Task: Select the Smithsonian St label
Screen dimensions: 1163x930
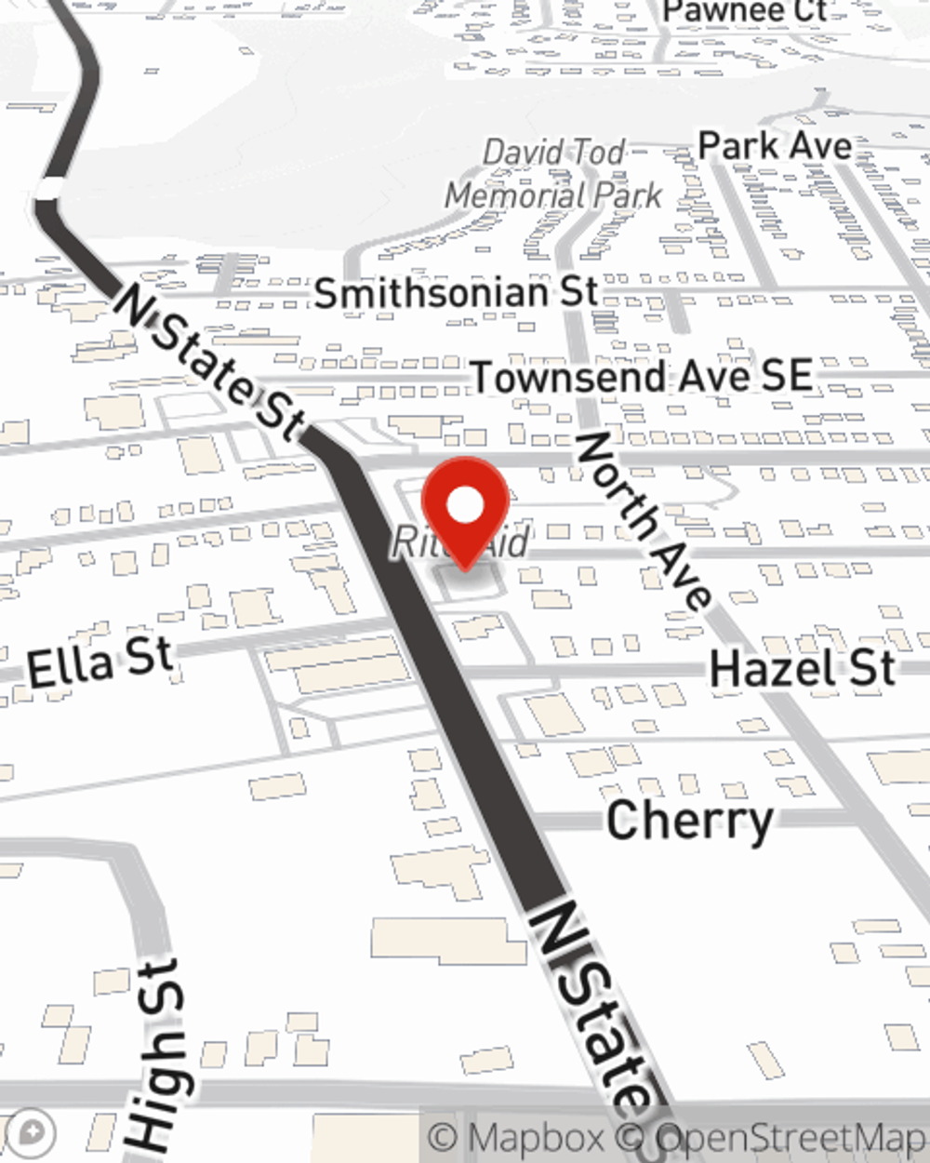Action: pos(456,293)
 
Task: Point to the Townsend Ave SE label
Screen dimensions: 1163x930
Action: pos(642,377)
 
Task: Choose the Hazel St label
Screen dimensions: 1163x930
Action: pos(802,669)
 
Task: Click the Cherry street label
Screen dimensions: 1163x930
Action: pos(689,821)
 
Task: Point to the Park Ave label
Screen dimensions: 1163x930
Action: pos(775,146)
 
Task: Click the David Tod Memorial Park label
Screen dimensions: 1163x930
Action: pos(554,174)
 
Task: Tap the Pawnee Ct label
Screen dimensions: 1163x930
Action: pos(744,11)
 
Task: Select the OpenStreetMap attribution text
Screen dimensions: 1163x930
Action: pos(790,1138)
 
